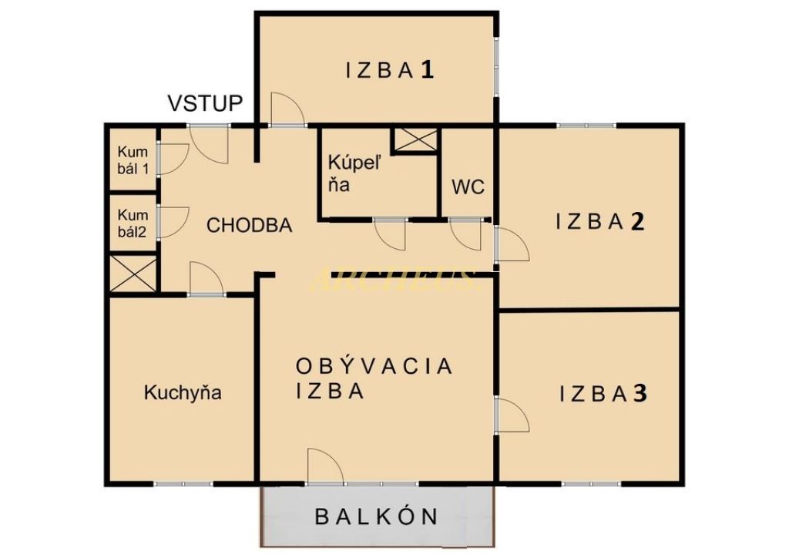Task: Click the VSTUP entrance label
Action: (x=206, y=103)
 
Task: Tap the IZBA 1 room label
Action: (x=390, y=71)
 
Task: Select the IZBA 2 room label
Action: (x=599, y=222)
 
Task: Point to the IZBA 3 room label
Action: (x=603, y=394)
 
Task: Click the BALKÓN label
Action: (x=377, y=516)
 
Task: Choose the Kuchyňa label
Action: (x=183, y=392)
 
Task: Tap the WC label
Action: (x=468, y=187)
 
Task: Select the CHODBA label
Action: (x=250, y=226)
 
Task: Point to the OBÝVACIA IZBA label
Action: (x=374, y=378)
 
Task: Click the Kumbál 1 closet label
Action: (x=133, y=160)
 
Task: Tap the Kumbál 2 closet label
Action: (x=133, y=224)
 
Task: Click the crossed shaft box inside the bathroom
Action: (x=415, y=140)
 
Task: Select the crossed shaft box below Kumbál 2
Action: (x=133, y=273)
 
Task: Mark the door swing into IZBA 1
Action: (x=287, y=109)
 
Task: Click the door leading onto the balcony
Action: (x=324, y=468)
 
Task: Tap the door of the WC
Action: (x=468, y=234)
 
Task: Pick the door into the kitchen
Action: (x=206, y=279)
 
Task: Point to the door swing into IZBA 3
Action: (x=511, y=416)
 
